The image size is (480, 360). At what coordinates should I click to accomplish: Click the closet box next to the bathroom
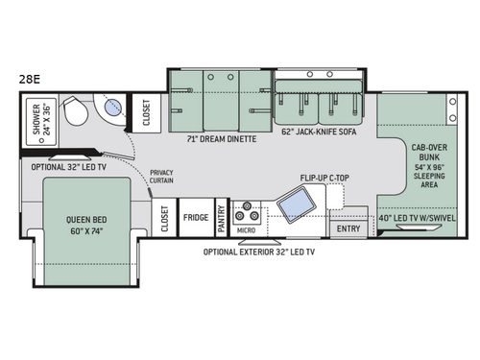pos(147,112)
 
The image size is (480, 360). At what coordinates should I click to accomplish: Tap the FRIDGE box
pos(196,218)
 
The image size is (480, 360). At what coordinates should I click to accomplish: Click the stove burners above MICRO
pos(247,209)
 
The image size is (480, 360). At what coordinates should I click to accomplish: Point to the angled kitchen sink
pos(294,204)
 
